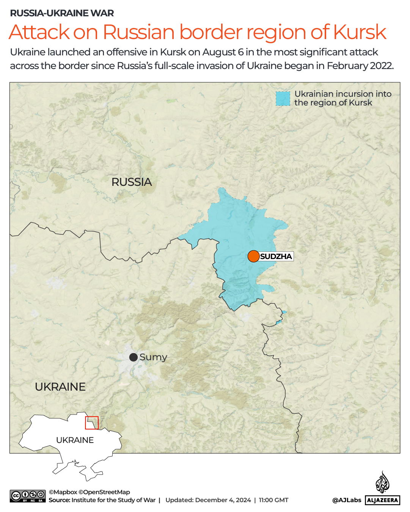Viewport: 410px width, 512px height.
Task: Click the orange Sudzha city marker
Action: click(253, 256)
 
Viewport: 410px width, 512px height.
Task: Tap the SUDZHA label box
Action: click(276, 256)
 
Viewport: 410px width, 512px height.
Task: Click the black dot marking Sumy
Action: click(134, 357)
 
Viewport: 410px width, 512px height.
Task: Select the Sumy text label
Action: click(153, 357)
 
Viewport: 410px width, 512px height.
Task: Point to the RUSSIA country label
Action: click(132, 182)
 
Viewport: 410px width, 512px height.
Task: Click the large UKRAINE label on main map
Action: click(60, 387)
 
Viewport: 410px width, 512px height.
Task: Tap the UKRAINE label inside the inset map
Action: click(75, 440)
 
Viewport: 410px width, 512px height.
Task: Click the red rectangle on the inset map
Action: click(92, 423)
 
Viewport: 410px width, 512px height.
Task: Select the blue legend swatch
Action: click(283, 99)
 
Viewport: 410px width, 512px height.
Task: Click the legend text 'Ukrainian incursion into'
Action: click(343, 94)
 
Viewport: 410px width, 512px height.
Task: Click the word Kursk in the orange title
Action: click(360, 32)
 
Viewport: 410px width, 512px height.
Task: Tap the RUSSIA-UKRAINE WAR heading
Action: click(62, 13)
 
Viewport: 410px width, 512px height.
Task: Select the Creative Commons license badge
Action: click(28, 496)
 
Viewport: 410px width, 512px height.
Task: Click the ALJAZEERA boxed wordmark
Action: click(383, 500)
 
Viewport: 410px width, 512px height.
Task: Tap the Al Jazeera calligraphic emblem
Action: click(382, 482)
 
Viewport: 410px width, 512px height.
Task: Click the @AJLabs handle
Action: click(347, 500)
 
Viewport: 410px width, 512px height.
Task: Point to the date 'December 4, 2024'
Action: click(223, 500)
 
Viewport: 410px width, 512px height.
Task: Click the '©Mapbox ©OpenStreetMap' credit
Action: click(89, 492)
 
